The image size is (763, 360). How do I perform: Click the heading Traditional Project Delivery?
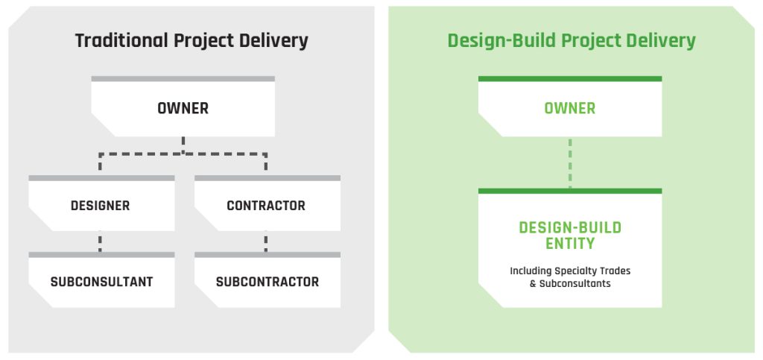pos(191,41)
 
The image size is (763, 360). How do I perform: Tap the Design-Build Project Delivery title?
pos(572,41)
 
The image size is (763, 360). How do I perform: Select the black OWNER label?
pos(183,108)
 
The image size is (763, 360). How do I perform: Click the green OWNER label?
pos(570,108)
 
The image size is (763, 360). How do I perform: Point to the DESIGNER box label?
pos(101,205)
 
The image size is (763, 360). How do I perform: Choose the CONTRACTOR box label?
pos(266,205)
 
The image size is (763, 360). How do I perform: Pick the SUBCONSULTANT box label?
pos(101,282)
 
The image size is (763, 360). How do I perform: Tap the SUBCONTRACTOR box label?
pos(267,282)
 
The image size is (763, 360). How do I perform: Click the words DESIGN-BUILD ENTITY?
pos(570,236)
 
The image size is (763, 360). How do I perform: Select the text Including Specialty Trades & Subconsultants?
pos(570,277)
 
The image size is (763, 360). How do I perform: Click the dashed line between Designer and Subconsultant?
pos(100,241)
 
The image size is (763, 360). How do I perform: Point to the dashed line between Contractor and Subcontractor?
pos(266,241)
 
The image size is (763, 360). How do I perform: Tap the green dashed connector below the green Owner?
pos(570,162)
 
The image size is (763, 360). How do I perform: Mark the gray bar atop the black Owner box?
pos(183,79)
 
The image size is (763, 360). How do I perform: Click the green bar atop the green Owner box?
pos(570,79)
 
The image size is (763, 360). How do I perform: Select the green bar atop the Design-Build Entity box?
pos(570,192)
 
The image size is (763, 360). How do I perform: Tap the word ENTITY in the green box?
pos(570,243)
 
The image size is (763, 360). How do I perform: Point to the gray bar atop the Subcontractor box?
pos(267,255)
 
